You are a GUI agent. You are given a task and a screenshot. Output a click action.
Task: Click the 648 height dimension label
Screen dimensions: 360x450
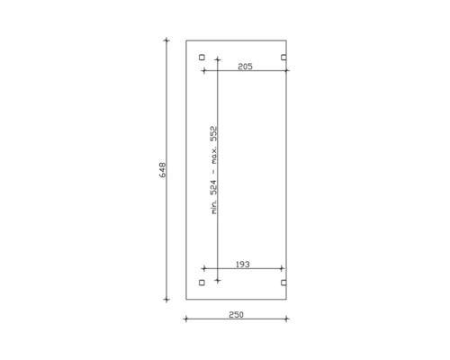click(x=163, y=170)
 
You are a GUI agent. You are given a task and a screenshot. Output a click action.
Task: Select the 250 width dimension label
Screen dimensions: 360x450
click(x=236, y=314)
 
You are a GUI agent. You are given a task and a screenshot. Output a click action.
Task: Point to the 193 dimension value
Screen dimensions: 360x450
click(x=242, y=264)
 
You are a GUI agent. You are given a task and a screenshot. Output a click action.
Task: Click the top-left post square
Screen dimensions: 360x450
click(x=202, y=58)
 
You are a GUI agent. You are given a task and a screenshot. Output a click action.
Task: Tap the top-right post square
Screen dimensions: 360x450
click(x=283, y=58)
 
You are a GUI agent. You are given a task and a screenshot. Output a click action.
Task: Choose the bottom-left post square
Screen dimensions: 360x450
click(x=202, y=283)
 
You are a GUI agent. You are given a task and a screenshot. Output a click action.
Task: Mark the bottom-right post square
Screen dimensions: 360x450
click(x=283, y=283)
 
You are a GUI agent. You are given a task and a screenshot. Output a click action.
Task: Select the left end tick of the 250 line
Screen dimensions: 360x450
click(x=186, y=319)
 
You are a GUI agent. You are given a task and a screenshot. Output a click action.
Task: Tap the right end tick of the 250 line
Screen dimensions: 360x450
click(x=287, y=319)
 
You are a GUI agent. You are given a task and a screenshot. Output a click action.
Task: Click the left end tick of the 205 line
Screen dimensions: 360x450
click(x=218, y=72)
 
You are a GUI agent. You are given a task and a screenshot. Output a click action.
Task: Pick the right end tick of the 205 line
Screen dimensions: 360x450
click(x=287, y=72)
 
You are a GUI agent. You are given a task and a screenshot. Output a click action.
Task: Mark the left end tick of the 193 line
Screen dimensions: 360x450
click(x=204, y=268)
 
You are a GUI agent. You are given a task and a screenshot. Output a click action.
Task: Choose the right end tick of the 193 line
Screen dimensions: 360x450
click(x=283, y=268)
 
